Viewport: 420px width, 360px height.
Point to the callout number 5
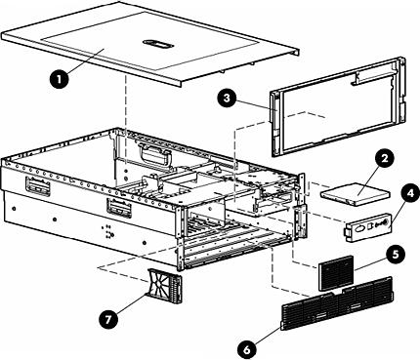click(x=394, y=253)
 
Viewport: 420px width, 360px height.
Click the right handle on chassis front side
click(x=116, y=208)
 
